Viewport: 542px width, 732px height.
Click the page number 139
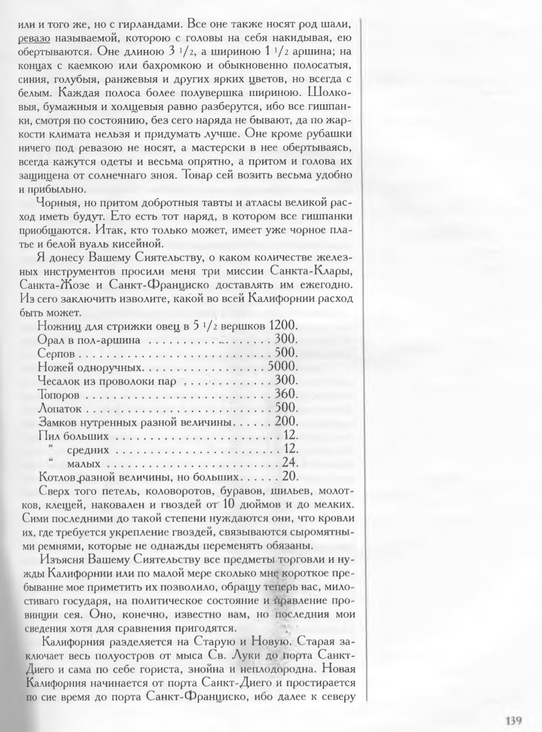tap(513, 719)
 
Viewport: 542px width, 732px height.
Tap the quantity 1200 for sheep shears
tap(283, 326)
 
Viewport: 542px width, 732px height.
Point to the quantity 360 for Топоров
tap(286, 394)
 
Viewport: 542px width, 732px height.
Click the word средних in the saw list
tap(88, 449)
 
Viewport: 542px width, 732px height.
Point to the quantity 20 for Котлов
tap(290, 477)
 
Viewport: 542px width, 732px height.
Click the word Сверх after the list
tap(55, 491)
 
